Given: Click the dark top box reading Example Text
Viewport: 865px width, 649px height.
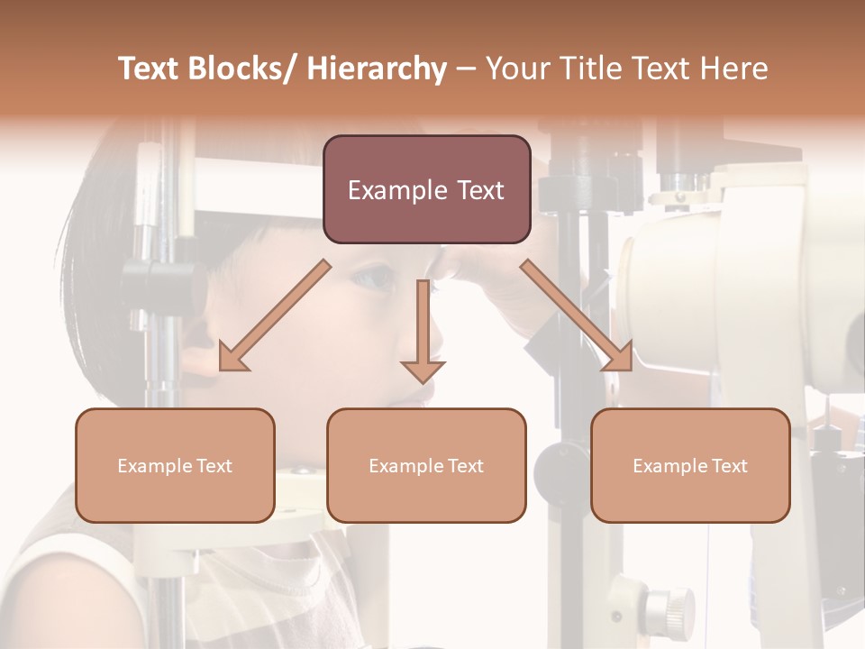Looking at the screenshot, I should [x=426, y=189].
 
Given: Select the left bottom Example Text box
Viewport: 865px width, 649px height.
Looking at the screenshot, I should [x=175, y=465].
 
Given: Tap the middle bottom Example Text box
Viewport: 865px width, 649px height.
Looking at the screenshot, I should [x=426, y=465].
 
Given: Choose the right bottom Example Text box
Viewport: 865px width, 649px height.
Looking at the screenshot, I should [x=690, y=465].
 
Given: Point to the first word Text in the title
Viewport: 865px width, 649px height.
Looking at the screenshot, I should [x=151, y=69].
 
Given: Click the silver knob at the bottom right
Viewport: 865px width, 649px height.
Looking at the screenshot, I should [x=671, y=606].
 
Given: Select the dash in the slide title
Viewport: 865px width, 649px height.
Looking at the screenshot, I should [x=466, y=69].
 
